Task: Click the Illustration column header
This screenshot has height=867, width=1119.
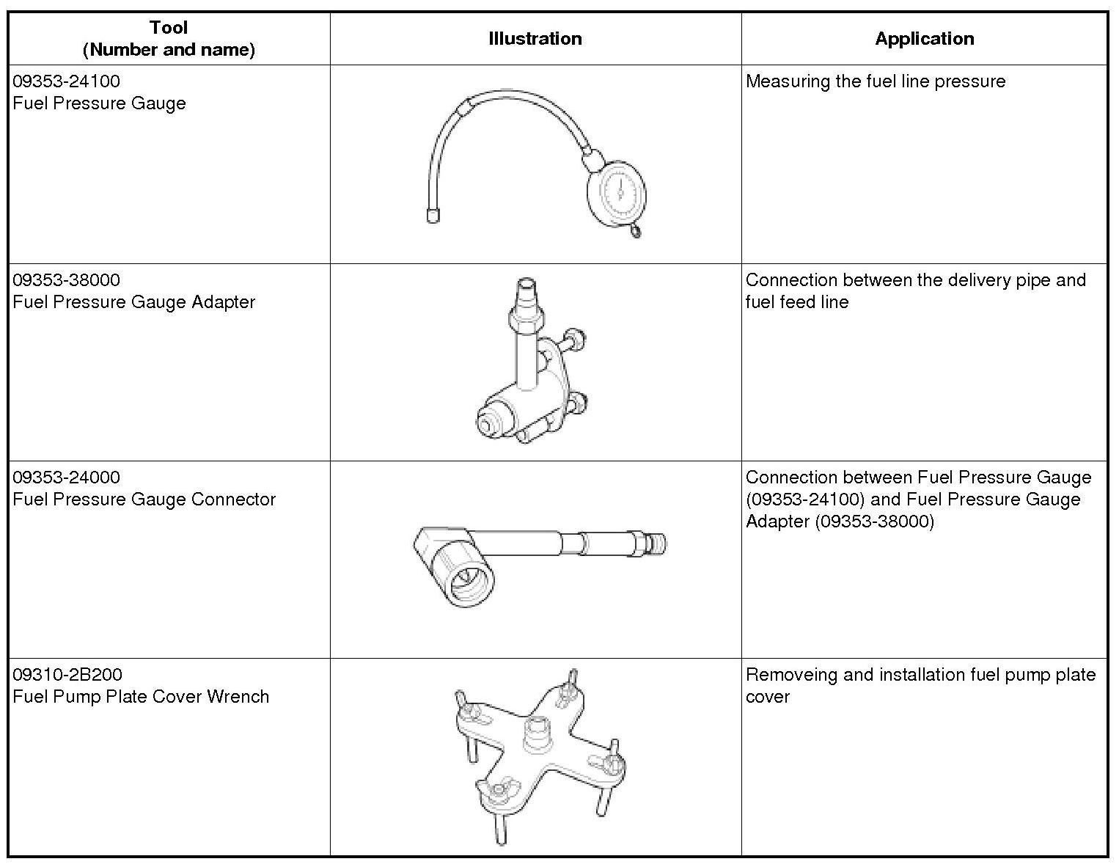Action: click(535, 39)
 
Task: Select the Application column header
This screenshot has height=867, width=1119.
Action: click(924, 39)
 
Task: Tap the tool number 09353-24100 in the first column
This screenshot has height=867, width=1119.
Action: click(66, 81)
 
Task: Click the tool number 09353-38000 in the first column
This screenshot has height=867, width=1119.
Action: click(66, 279)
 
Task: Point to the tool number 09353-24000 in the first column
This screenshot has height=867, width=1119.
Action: click(66, 477)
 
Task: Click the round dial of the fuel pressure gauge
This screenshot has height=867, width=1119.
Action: click(617, 191)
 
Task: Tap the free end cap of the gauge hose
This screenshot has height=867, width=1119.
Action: click(433, 215)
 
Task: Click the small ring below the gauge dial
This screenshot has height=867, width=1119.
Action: click(635, 232)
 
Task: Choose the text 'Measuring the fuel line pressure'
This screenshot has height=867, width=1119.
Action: click(875, 81)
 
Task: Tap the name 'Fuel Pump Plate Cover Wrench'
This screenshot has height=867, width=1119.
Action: click(141, 696)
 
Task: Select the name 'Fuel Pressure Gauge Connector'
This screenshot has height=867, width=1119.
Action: click(144, 499)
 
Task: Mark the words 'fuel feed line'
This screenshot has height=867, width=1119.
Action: click(796, 301)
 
